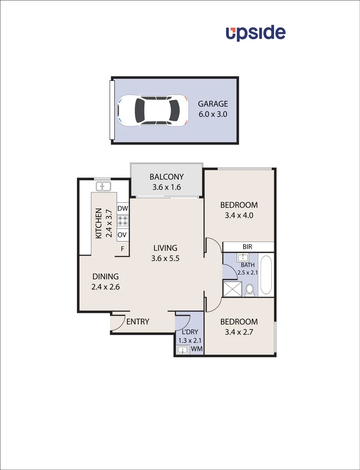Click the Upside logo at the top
point(255,33)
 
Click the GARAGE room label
point(213,104)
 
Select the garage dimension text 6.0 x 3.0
point(213,115)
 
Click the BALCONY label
point(166,177)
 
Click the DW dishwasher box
point(123,208)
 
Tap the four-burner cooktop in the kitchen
point(123,221)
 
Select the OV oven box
point(123,235)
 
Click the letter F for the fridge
point(123,249)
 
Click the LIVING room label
point(165,248)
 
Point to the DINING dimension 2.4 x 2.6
point(105,287)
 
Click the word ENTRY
point(138,322)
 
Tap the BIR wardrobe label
point(247,247)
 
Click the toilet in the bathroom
point(250,290)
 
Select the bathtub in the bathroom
point(266,275)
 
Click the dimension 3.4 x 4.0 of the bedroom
point(239,215)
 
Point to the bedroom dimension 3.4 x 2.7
point(239,332)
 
